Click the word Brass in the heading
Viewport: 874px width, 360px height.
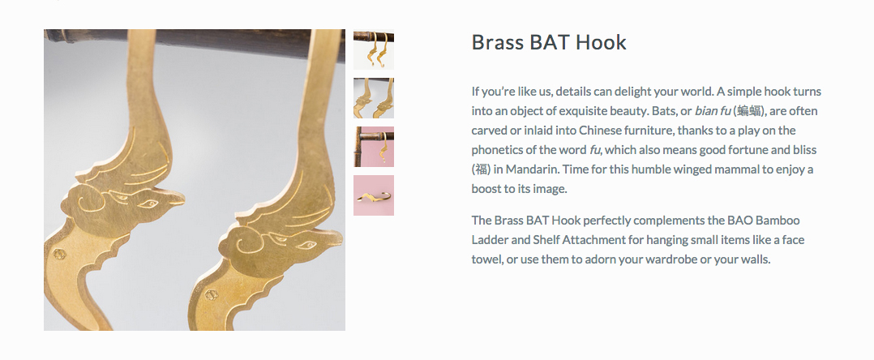(497, 43)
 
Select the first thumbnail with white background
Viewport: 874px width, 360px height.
(374, 49)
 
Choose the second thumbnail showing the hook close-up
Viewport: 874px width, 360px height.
(374, 98)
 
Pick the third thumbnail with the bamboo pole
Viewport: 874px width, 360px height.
(374, 147)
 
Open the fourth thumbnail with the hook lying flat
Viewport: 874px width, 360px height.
(374, 195)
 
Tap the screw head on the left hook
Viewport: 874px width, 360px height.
(58, 255)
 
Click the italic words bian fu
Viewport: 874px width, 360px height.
(713, 111)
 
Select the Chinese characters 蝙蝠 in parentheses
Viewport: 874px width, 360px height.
(748, 111)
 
